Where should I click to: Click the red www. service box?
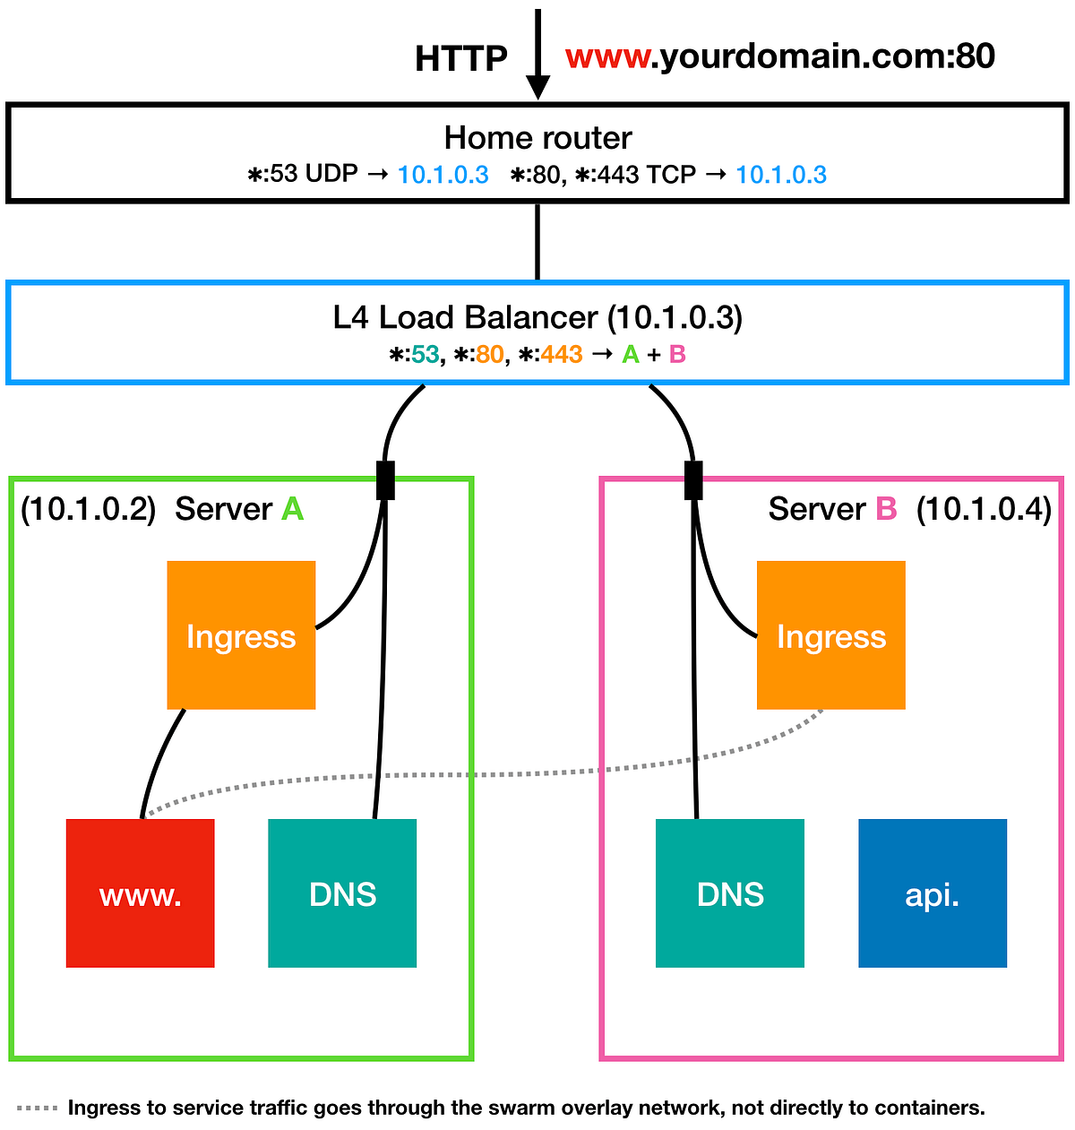coord(140,893)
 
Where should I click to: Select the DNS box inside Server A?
coord(342,893)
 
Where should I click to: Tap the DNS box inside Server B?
coord(729,893)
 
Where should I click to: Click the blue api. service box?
coord(932,893)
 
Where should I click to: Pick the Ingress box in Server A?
coord(241,635)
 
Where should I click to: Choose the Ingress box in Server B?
coord(830,635)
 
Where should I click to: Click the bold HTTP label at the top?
coord(460,59)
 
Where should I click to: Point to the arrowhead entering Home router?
coord(537,87)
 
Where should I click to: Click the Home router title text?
coord(537,138)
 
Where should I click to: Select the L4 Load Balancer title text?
coord(537,317)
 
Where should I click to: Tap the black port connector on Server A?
coord(385,480)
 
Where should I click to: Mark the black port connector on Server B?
coord(693,480)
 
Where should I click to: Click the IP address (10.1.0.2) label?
coord(88,509)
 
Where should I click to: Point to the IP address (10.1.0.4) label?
coord(984,509)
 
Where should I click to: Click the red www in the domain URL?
coord(607,56)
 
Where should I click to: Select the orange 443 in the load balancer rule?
coord(562,355)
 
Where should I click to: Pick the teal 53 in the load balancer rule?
coord(426,355)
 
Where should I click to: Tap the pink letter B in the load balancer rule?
coord(677,355)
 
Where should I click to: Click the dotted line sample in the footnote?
coord(37,1108)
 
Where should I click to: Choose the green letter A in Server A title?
coord(292,509)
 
